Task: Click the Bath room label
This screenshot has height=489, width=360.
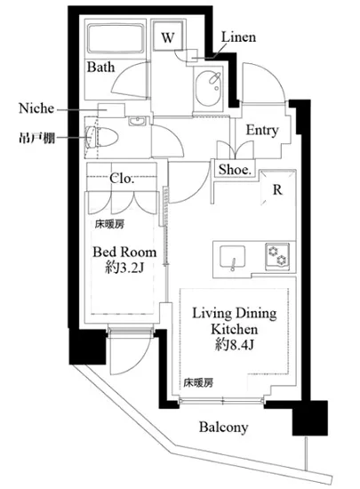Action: tap(100, 67)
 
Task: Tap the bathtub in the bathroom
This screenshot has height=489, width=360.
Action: tap(116, 38)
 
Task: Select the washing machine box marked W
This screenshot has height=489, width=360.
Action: tap(168, 36)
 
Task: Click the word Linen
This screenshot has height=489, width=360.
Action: tap(238, 37)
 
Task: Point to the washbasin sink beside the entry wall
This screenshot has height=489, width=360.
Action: tap(209, 88)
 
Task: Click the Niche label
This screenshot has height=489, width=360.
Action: tap(36, 108)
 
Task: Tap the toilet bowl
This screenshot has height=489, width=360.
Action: tap(101, 138)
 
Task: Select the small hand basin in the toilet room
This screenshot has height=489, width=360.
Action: tap(138, 121)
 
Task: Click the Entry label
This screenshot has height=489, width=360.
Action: tap(262, 130)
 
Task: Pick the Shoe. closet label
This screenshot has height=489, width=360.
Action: tap(235, 170)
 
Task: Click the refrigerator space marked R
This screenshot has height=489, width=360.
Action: tap(277, 189)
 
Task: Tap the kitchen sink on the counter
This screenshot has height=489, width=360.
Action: tap(232, 257)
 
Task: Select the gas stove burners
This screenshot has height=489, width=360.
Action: tap(277, 255)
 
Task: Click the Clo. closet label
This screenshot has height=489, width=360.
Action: tap(122, 179)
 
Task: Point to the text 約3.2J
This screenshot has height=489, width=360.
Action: tap(124, 268)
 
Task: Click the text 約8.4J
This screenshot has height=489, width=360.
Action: tap(234, 345)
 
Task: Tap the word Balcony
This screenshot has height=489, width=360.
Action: tap(223, 428)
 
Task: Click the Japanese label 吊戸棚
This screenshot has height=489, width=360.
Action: tap(37, 138)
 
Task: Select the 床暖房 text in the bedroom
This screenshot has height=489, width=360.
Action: tap(109, 223)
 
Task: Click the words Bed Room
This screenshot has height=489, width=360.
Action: tap(124, 253)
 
